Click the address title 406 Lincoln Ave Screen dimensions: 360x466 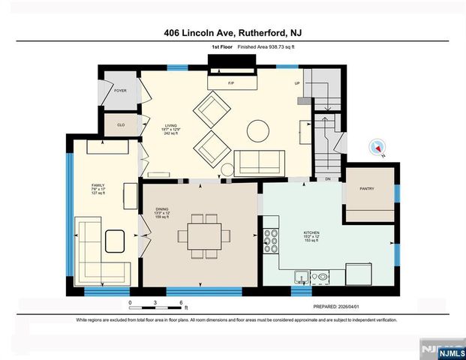[x=233, y=33]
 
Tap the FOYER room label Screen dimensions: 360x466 [x=120, y=91]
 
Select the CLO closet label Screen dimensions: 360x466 [x=120, y=125]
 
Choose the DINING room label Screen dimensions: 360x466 [x=162, y=211]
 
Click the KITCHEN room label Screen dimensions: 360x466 [x=311, y=234]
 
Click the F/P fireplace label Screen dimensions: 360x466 [x=231, y=83]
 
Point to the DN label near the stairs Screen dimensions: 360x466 [x=327, y=180]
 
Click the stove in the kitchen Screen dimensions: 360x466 [x=271, y=242]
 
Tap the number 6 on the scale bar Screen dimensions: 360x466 [x=181, y=302]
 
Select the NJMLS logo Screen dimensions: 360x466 [x=441, y=350]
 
